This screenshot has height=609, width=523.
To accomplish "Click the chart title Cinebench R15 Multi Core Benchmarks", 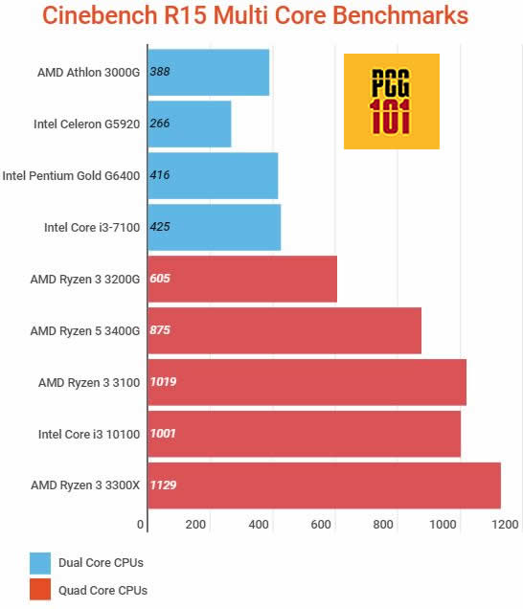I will point(256,17).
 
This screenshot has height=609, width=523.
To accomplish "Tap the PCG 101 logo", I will point(391,101).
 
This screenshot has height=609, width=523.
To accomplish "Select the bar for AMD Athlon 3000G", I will point(209,72).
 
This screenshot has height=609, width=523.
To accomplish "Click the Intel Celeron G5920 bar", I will point(190,124).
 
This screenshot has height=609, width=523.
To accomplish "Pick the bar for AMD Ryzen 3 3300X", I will point(324,485).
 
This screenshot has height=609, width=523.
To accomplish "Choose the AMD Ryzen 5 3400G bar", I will point(284,330).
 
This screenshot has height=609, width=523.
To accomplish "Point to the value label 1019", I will point(163,382).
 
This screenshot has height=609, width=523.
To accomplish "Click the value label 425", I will point(161,227).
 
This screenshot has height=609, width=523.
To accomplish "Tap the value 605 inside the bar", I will point(161,279).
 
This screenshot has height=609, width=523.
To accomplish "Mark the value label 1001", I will point(163,434).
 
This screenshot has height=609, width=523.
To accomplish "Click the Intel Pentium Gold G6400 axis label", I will point(72,175).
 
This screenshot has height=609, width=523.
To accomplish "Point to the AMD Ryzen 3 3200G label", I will point(85,279).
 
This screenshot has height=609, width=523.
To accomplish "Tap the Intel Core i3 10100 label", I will point(89,434).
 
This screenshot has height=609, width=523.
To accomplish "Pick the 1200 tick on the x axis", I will point(505,524).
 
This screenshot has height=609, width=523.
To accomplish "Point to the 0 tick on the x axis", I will point(142,524).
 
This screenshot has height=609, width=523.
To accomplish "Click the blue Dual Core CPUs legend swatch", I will point(40,562).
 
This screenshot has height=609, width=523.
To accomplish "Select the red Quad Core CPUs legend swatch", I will point(40,590).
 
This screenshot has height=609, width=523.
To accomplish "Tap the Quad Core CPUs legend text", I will point(103,590).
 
